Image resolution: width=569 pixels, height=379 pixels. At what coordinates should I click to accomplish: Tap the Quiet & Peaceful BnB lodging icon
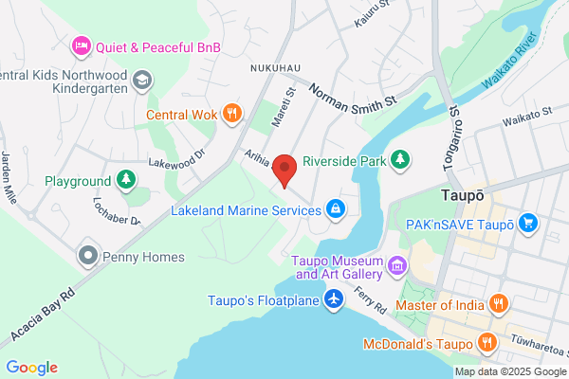[82, 45]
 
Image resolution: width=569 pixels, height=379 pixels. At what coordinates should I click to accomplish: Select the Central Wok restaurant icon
[231, 115]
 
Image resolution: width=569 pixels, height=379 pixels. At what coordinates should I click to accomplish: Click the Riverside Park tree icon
[401, 160]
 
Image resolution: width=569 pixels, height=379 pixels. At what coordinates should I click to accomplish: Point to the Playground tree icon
[125, 180]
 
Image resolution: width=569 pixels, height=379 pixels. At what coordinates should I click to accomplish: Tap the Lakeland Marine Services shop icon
[334, 207]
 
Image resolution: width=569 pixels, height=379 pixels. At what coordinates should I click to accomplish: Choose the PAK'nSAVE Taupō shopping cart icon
[528, 224]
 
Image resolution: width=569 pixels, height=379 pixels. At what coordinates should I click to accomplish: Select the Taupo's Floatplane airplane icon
[333, 300]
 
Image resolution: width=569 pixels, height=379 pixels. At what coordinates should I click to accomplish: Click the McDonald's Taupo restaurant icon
[486, 343]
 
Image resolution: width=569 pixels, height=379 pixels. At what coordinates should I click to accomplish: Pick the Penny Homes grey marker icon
[88, 256]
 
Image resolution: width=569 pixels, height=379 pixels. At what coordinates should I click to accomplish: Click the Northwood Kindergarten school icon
[140, 81]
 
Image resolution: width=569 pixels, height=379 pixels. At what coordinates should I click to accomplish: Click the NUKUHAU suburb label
[275, 69]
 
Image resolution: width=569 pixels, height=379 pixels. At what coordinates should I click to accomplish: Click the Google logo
[31, 368]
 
